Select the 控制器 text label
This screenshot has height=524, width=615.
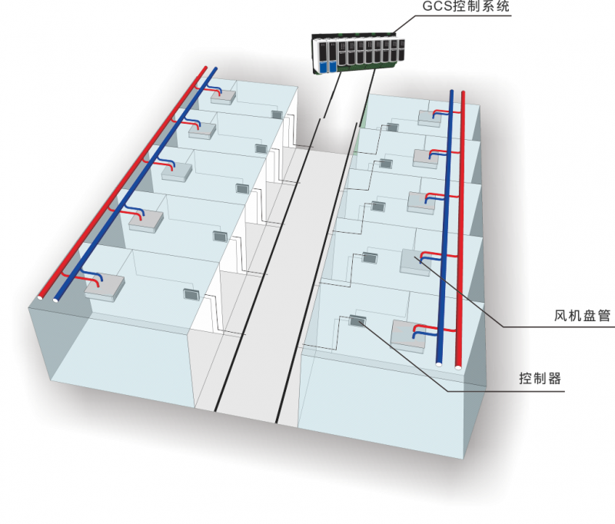coord(540,379)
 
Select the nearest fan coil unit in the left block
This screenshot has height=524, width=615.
coord(104,287)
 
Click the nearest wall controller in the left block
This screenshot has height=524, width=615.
coord(191,293)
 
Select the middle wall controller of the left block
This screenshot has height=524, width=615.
coord(241,188)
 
